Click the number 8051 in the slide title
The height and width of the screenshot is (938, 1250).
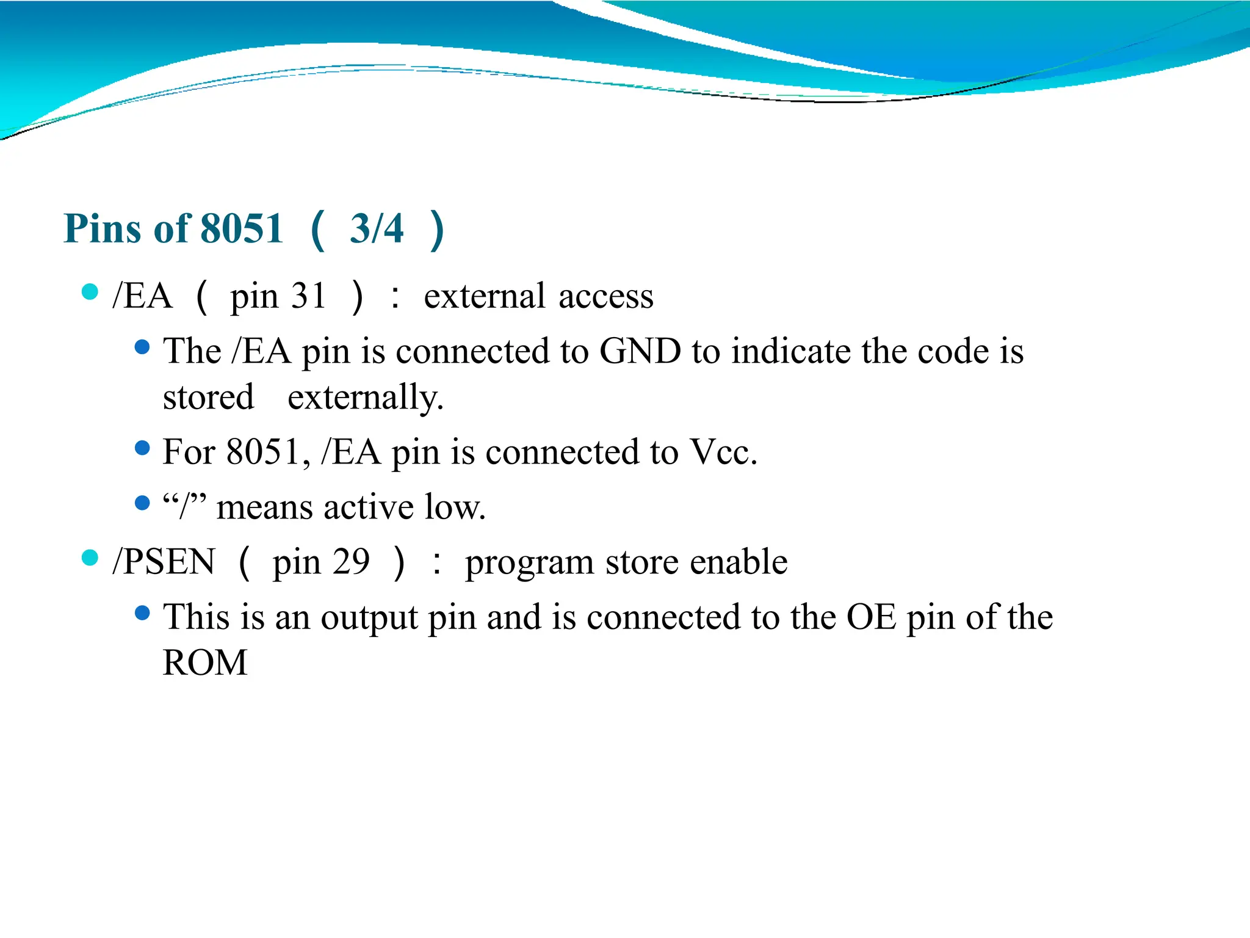(242, 229)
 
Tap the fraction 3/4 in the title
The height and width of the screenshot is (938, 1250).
(377, 229)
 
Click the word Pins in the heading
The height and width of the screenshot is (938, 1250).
(103, 229)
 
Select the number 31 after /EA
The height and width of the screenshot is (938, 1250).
(308, 296)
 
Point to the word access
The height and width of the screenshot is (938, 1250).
(605, 297)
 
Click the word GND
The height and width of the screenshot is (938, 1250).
(640, 352)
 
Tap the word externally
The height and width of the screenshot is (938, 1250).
(365, 398)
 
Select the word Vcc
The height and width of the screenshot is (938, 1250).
(723, 453)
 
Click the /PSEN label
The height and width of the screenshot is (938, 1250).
(164, 562)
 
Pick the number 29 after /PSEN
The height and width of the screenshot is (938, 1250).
(351, 562)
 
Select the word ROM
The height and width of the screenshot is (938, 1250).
(205, 663)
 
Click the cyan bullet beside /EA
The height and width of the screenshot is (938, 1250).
(90, 292)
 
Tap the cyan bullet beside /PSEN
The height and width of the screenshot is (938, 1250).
(90, 558)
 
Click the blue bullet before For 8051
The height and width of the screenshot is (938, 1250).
(142, 448)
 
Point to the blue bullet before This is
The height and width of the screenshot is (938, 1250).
(142, 613)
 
